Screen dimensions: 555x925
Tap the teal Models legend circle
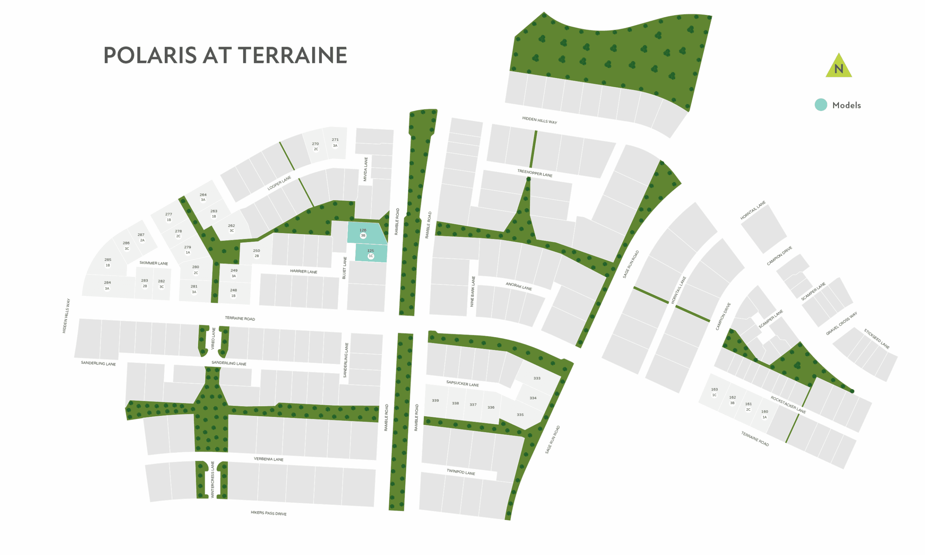[821, 105]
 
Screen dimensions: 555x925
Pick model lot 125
[370, 253]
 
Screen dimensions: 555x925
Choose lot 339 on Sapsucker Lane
[435, 401]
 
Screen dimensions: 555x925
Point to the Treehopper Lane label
[535, 173]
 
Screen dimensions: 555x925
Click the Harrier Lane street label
[304, 271]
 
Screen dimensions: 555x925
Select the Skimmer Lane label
[154, 263]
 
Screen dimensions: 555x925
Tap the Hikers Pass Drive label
[268, 513]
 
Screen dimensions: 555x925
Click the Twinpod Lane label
[461, 472]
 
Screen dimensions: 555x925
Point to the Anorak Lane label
[519, 286]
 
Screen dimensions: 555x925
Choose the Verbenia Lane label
[268, 459]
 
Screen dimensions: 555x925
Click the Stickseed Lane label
[876, 339]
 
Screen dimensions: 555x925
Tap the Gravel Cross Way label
[841, 323]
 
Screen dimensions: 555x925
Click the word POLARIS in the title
[150, 55]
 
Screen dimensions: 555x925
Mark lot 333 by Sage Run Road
[537, 378]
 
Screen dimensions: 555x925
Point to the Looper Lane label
[279, 183]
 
